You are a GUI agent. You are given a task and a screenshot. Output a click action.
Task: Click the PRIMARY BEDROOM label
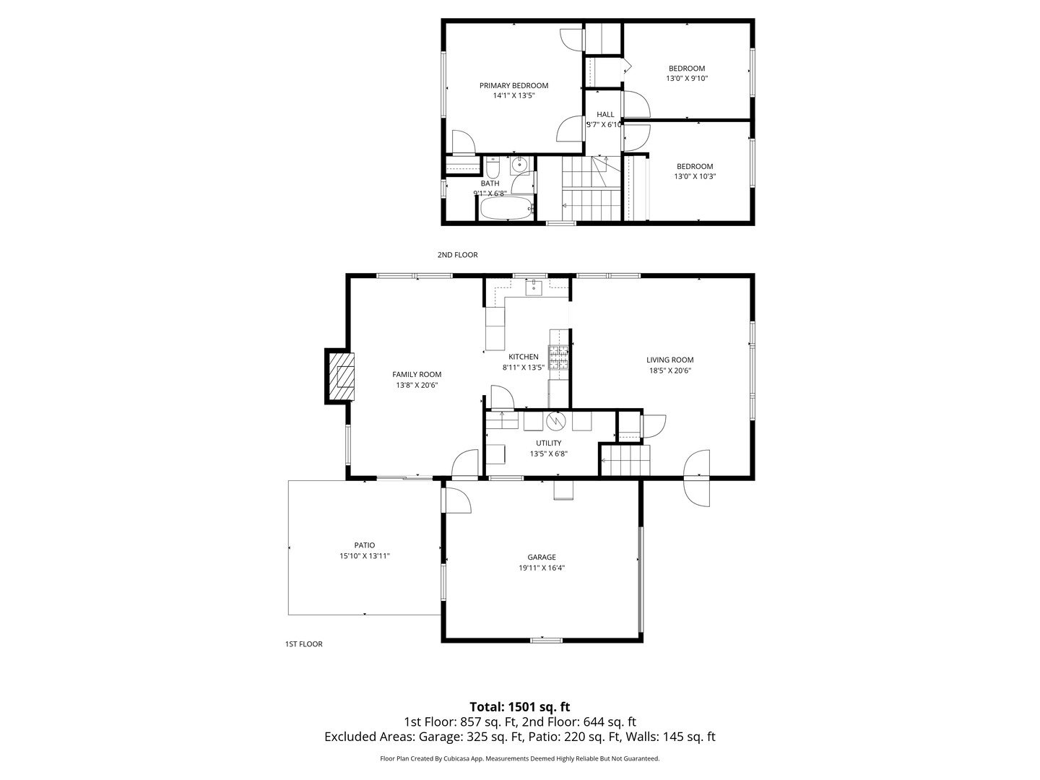pos(513,85)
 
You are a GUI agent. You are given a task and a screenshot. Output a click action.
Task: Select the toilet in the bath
pos(493,169)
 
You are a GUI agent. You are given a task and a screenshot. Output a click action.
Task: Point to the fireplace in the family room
pos(343,376)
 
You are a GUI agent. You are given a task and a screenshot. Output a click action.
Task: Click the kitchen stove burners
pos(558,357)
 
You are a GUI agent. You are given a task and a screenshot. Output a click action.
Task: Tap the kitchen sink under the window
pos(534,288)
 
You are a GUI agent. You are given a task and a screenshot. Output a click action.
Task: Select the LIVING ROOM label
pos(669,360)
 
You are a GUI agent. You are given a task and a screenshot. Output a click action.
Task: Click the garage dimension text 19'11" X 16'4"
pos(541,568)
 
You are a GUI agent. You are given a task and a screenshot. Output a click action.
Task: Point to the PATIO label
pos(364,545)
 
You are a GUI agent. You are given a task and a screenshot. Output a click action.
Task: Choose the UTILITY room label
pos(548,443)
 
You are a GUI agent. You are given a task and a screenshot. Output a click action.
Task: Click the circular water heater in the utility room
pos(556,420)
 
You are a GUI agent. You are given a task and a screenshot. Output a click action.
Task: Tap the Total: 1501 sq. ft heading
pos(519,707)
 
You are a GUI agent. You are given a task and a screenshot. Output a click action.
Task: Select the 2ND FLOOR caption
pos(457,255)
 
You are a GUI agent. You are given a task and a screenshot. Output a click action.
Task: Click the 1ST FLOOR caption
pos(303,643)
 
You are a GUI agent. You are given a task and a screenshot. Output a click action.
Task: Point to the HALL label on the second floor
pos(605,114)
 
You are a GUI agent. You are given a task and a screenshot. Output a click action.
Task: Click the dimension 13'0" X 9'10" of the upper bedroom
pos(686,78)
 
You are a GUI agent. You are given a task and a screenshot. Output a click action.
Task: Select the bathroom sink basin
pos(520,165)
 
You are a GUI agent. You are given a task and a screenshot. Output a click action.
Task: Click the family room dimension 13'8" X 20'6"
pos(417,385)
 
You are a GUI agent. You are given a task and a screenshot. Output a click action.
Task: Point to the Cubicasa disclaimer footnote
pos(519,758)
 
